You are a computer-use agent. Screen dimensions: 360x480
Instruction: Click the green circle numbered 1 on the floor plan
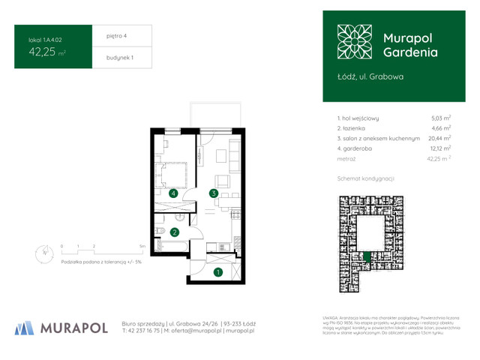217,272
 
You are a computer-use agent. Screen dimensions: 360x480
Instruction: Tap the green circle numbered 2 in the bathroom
174,232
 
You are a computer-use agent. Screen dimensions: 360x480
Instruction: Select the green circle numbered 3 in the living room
214,193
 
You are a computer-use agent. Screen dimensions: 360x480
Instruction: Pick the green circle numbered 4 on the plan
173,193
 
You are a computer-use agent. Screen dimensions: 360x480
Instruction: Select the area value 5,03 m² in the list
440,118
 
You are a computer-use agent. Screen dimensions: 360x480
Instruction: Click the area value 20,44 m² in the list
439,138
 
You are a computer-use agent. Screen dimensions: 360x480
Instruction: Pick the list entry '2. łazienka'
358,128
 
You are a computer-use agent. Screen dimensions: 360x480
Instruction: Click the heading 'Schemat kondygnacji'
365,178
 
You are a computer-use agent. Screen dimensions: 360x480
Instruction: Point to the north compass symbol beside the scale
43,253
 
